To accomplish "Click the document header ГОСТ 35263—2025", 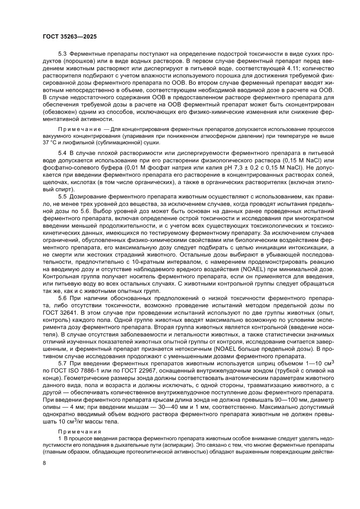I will coord(70,38).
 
